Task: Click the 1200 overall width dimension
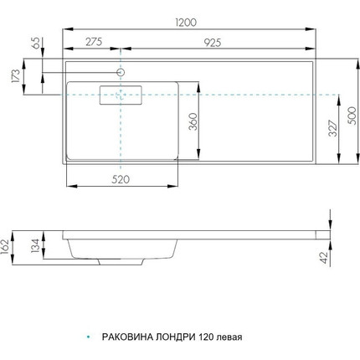point(186,23)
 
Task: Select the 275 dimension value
point(94,42)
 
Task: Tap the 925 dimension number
point(213,43)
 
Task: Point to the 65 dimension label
point(36,44)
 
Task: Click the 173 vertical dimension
point(16,76)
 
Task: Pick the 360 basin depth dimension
point(193,121)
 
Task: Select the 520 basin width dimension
point(121,179)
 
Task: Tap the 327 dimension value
point(333,128)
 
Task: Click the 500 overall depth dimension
point(352,116)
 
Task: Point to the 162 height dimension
point(5,247)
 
